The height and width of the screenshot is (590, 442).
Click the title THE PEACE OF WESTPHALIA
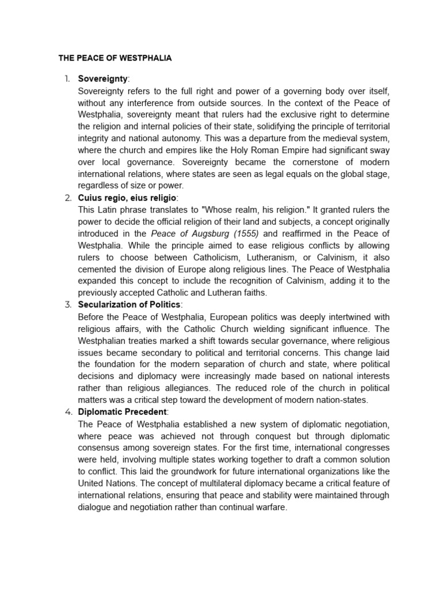115,59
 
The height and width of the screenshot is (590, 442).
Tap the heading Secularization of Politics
129,304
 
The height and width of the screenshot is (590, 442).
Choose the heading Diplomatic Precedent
122,411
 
